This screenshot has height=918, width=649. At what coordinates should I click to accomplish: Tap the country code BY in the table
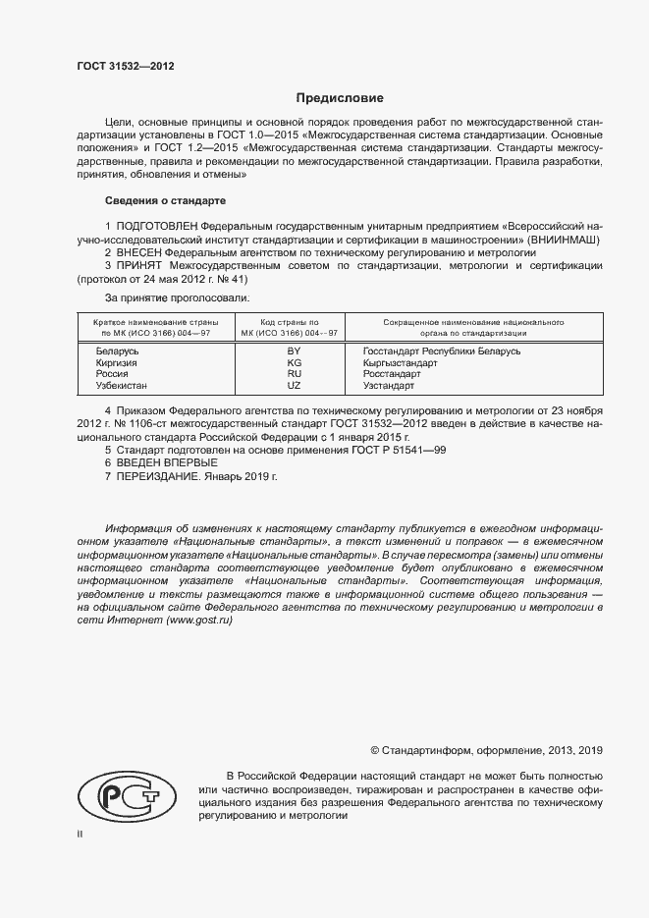(293, 351)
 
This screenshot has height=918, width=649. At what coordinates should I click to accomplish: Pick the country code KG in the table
(293, 362)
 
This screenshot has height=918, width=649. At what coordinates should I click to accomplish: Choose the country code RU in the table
(293, 374)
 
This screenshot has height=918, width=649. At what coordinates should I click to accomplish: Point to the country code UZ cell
(293, 386)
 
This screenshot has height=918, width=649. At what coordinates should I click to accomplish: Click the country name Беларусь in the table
(118, 351)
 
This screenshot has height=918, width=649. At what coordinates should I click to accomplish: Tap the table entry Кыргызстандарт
(400, 362)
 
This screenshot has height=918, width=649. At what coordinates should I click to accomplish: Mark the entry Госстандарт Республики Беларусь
(441, 351)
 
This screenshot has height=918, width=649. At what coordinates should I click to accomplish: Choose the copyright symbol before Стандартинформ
(374, 750)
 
